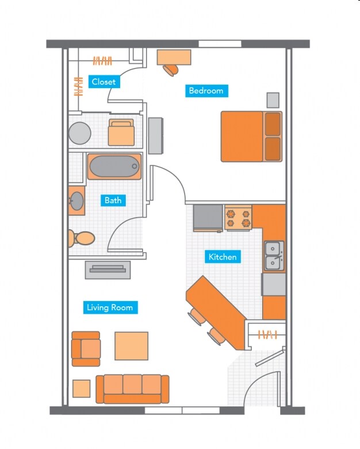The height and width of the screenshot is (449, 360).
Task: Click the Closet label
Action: (x=104, y=82)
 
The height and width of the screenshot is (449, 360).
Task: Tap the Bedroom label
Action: (x=206, y=90)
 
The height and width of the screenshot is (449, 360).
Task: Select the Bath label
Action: (x=113, y=200)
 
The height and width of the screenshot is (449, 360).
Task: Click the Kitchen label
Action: (x=223, y=257)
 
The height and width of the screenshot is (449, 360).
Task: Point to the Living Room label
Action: (x=110, y=307)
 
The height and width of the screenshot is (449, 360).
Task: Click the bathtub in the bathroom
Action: (x=114, y=166)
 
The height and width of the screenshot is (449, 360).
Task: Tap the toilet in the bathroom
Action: (x=82, y=238)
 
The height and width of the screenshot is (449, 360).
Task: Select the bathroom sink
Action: (x=76, y=200)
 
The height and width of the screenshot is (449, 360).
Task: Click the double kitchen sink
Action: (x=274, y=256)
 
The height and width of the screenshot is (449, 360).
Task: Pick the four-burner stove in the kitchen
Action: (x=238, y=218)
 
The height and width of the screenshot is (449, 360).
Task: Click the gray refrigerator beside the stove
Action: (x=208, y=218)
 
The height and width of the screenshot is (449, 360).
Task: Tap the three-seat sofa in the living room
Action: (x=132, y=389)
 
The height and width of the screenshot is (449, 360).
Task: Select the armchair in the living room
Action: (x=86, y=349)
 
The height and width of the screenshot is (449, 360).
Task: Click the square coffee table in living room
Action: (x=131, y=345)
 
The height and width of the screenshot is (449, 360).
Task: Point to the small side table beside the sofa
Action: (x=81, y=389)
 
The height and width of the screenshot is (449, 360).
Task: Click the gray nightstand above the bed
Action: (x=273, y=100)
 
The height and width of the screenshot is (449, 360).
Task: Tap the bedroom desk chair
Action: (x=170, y=70)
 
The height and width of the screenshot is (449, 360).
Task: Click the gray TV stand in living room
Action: (x=108, y=269)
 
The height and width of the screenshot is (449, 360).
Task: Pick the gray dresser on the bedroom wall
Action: (x=155, y=135)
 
